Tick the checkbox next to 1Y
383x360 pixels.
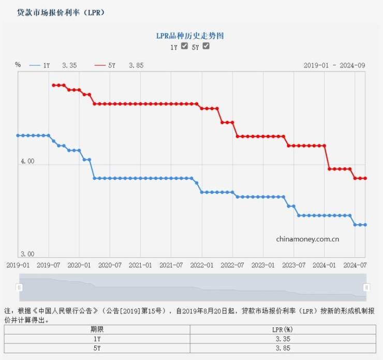[184, 46]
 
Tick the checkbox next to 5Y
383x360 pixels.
[206, 46]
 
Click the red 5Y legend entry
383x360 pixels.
[119, 65]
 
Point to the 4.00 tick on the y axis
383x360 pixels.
[27, 162]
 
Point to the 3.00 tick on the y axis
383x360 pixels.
[27, 254]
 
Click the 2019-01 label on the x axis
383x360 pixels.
[18, 265]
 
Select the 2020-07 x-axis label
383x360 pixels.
[110, 265]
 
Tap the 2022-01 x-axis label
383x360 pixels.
[202, 265]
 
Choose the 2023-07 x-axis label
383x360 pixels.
[293, 265]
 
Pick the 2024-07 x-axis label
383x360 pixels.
[355, 265]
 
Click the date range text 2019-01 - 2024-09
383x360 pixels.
[334, 65]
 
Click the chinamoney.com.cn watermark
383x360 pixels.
[307, 239]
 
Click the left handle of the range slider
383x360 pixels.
[20, 287]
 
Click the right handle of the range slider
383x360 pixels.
[366, 287]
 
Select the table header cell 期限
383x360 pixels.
[97, 329]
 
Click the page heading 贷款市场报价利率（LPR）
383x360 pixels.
[61, 12]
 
